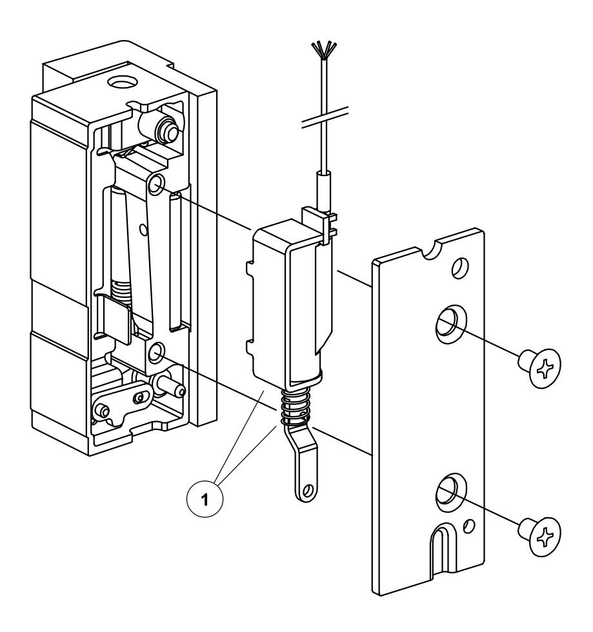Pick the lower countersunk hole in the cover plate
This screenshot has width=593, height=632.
[x=448, y=491]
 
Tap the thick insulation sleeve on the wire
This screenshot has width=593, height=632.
[x=323, y=187]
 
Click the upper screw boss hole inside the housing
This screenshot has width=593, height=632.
[x=156, y=185]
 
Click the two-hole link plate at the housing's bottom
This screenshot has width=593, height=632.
[x=121, y=404]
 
